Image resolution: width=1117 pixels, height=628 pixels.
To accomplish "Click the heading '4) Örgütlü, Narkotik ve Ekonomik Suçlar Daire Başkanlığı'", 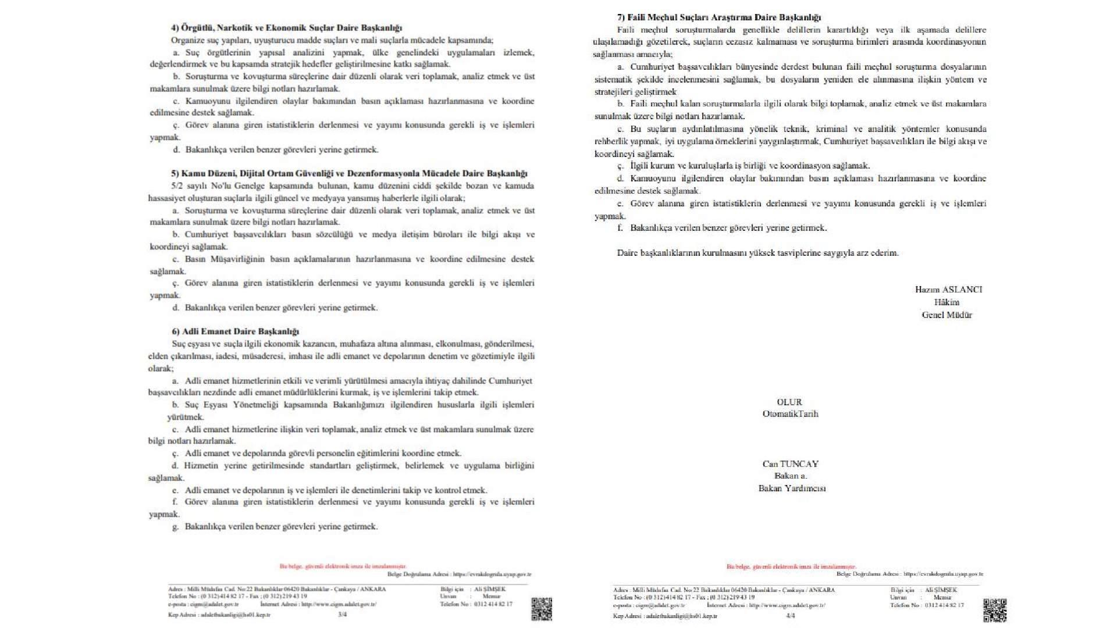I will click(x=286, y=28).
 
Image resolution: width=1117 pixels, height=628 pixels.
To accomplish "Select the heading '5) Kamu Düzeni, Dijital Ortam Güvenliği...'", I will click(x=349, y=173).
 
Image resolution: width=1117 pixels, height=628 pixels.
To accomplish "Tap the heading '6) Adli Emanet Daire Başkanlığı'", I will click(x=235, y=331).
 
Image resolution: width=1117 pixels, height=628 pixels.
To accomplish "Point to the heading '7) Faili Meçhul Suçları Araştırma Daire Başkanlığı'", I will click(x=719, y=17).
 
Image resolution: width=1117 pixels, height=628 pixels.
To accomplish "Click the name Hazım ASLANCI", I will click(x=948, y=290).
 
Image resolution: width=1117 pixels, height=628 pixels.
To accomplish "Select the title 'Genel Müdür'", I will click(x=947, y=315).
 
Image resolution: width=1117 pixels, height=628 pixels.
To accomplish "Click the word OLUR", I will click(x=789, y=402).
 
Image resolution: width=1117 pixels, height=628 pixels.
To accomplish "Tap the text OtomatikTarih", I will click(x=790, y=414).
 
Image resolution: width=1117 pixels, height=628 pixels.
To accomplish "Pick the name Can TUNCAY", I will click(x=790, y=464).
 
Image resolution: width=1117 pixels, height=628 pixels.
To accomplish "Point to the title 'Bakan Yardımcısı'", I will click(x=792, y=488).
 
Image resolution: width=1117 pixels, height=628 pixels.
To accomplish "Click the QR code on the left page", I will click(x=541, y=609).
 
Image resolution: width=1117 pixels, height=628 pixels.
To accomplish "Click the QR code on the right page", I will click(x=995, y=610).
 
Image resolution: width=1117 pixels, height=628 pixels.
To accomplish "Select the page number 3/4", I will click(x=342, y=615).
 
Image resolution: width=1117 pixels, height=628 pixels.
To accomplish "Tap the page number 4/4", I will click(x=790, y=616).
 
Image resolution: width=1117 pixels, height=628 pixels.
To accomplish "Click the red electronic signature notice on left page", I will click(x=343, y=566).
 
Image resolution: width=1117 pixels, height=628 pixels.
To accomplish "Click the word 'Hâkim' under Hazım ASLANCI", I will click(x=947, y=302).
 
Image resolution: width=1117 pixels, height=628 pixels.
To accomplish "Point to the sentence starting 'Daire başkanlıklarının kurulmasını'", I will click(x=757, y=253).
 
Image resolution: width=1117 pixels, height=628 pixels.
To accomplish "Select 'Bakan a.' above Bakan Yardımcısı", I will click(x=790, y=476).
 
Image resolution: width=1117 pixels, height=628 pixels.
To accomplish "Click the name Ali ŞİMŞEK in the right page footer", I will click(x=941, y=590).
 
